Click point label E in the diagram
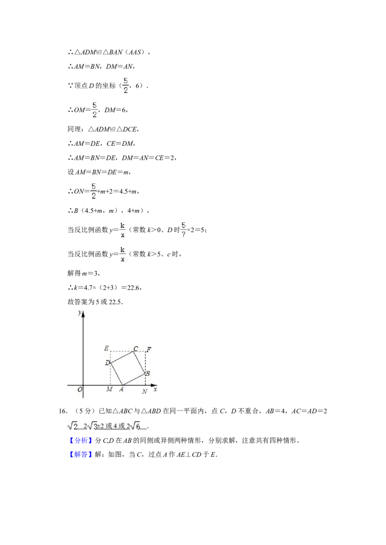point(106,348)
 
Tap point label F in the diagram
point(149,350)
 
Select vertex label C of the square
point(136,348)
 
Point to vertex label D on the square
point(107,363)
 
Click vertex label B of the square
point(147,373)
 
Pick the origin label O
point(80,389)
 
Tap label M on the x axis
point(110,389)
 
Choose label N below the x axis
point(145,391)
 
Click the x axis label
point(155,389)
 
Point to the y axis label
point(80,312)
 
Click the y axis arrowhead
point(83,314)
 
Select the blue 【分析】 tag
point(81,441)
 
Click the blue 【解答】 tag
point(81,454)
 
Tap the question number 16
point(63,411)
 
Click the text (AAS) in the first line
point(135,52)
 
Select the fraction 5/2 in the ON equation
point(94,191)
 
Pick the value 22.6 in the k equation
point(135,287)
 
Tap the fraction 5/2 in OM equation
point(95,110)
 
